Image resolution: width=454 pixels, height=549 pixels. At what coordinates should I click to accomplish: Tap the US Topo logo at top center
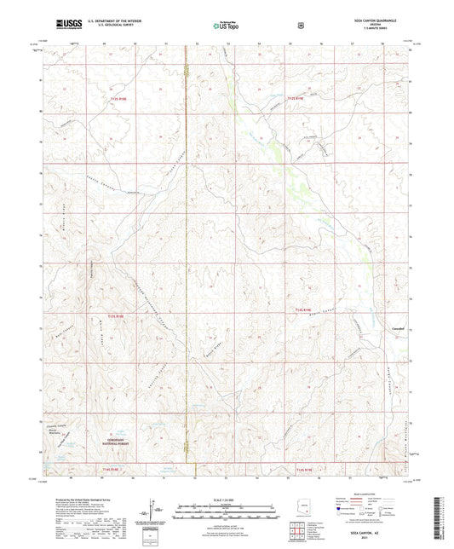227,26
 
